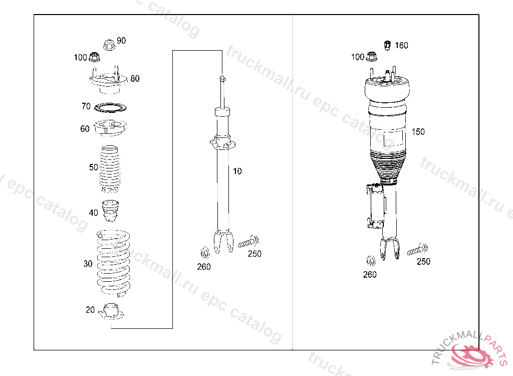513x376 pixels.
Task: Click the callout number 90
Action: click(121, 41)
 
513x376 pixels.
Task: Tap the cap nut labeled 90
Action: click(109, 45)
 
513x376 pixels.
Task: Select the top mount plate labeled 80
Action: click(109, 80)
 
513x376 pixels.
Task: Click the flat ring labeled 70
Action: click(110, 107)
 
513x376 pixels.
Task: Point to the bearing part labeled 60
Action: click(110, 128)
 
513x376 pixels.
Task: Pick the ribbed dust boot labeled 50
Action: click(110, 169)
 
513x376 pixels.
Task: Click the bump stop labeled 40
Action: click(111, 211)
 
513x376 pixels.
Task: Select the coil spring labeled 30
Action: click(113, 264)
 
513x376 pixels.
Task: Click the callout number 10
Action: click(237, 171)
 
